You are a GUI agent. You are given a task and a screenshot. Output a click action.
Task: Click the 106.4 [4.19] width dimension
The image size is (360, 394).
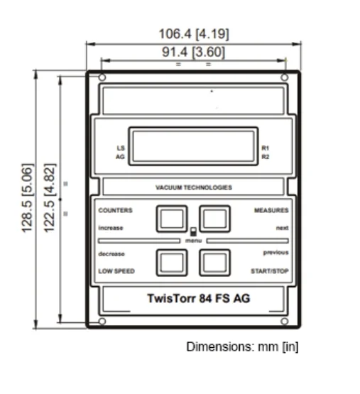[194, 33]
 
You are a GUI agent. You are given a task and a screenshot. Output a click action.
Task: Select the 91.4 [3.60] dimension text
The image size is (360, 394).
[193, 52]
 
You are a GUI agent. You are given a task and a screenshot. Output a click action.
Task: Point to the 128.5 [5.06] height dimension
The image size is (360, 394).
[27, 198]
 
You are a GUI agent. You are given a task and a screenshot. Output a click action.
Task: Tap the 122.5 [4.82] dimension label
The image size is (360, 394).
[49, 198]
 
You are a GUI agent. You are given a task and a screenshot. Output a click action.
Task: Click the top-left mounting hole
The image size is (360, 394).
[102, 77]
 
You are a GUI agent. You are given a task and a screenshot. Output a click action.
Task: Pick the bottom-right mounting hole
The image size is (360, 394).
[284, 321]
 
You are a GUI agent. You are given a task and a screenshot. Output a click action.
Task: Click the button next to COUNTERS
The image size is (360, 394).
[172, 219]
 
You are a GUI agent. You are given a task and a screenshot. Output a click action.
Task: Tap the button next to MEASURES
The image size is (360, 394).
[214, 219]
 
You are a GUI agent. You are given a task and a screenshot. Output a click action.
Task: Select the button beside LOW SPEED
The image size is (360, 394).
[172, 263]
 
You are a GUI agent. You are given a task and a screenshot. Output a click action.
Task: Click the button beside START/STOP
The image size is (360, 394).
[214, 263]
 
